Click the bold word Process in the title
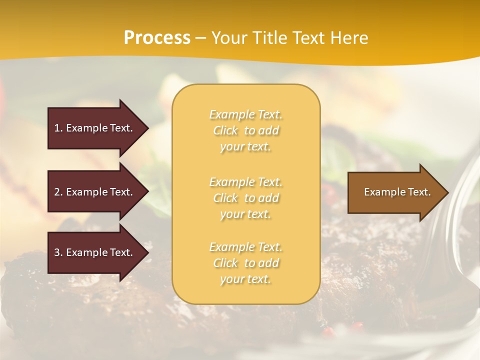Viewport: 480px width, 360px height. point(157,38)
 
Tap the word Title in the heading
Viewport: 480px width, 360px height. point(268,38)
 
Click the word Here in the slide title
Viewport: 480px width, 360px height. point(349,38)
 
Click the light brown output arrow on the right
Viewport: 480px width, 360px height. point(395,192)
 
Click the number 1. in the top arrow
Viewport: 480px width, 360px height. point(58,128)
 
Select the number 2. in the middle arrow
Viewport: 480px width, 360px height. point(58,192)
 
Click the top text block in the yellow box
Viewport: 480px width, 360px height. point(245,130)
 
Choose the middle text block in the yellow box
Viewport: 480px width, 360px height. point(245,198)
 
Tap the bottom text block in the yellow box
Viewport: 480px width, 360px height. point(245,263)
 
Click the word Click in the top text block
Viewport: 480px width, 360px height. point(225,131)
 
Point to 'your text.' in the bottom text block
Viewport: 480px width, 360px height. point(245,279)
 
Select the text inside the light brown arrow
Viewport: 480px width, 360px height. point(397,192)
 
